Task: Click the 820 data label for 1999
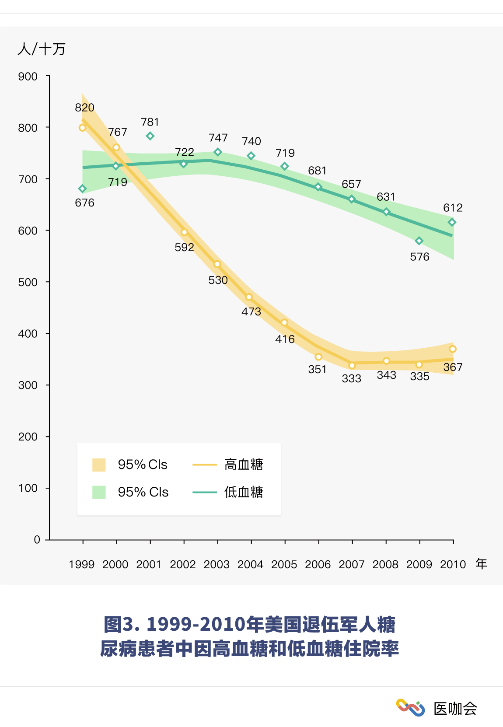click(84, 108)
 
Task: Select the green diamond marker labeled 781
click(150, 136)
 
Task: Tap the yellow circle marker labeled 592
click(184, 232)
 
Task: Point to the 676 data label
click(84, 203)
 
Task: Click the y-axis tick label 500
click(28, 282)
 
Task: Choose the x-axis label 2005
click(284, 564)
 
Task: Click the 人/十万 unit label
click(42, 49)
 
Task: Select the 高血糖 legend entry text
click(244, 465)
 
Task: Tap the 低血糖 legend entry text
click(244, 492)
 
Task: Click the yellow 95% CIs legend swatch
click(99, 465)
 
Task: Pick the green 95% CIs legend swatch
click(99, 492)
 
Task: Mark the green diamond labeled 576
click(419, 241)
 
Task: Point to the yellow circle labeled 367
click(453, 349)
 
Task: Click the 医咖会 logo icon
click(410, 708)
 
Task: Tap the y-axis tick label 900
click(28, 77)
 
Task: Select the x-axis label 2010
click(453, 564)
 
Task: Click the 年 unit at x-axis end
click(482, 564)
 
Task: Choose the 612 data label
click(453, 208)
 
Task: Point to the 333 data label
click(351, 378)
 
